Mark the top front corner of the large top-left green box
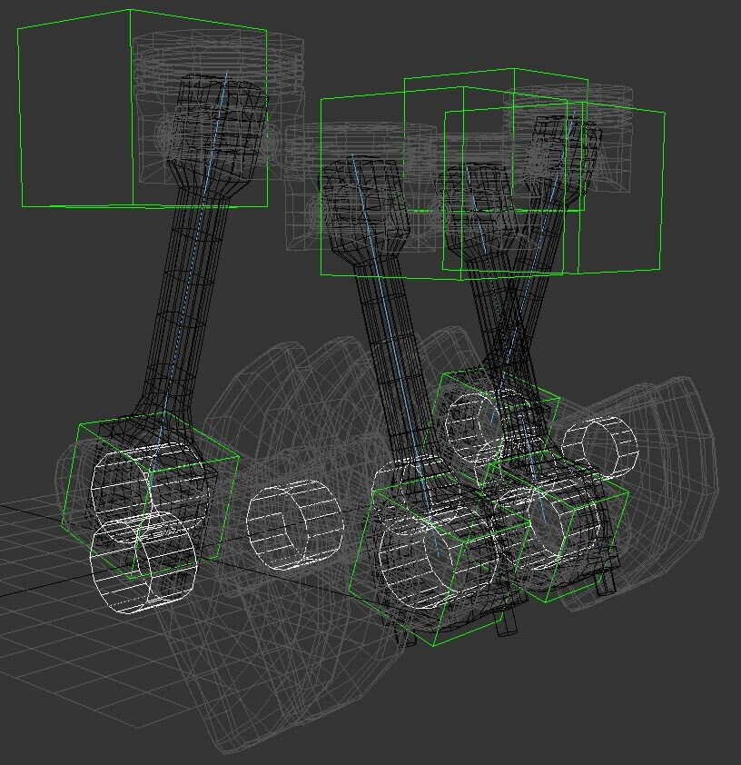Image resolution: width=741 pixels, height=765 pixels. pyautogui.click(x=131, y=10)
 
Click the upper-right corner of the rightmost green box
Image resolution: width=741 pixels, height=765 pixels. pyautogui.click(x=665, y=114)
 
